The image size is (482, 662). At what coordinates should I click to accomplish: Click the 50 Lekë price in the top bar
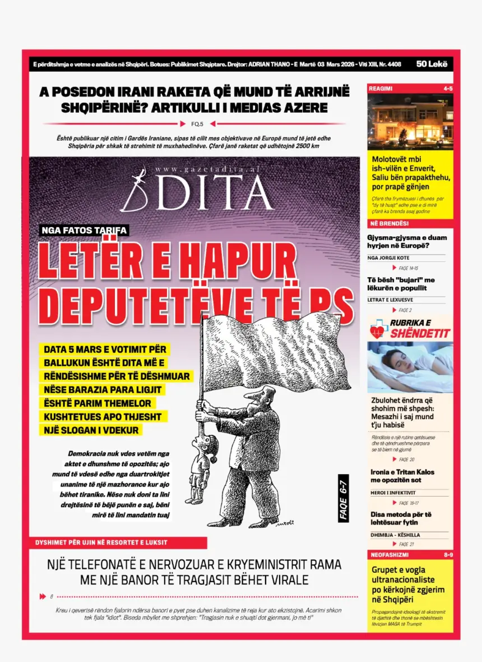coord(432,65)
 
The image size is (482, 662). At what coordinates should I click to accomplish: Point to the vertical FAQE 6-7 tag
coord(344,498)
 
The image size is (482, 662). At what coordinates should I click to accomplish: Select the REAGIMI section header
coord(381,89)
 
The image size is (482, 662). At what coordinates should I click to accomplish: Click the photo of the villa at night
coord(410,122)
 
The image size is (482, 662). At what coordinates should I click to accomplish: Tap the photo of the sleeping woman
coord(410,367)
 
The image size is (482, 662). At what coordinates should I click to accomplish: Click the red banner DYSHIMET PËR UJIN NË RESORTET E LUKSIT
coord(101,543)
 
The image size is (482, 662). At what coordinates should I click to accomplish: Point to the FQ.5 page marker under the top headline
coord(197,124)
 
